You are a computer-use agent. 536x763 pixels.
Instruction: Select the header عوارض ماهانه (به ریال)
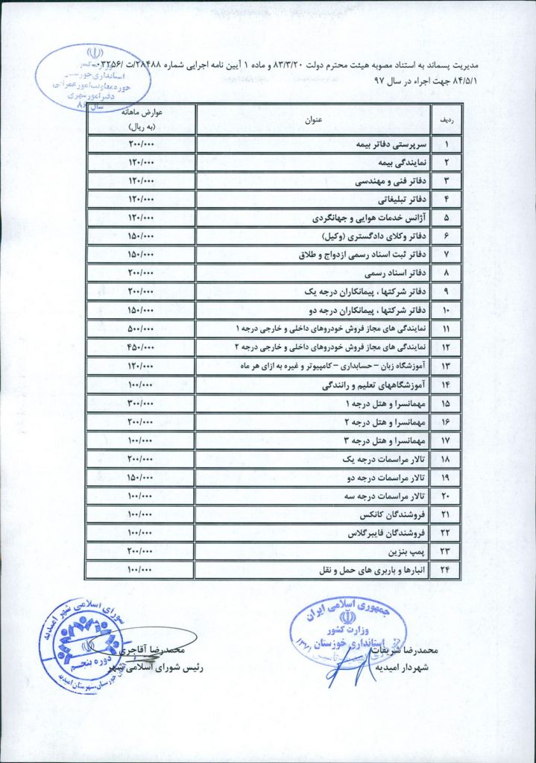[x=141, y=119]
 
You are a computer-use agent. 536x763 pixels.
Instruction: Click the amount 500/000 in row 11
[x=141, y=329]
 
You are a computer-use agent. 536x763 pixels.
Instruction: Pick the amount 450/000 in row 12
[x=141, y=347]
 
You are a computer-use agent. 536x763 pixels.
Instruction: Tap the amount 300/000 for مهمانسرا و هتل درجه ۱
[x=141, y=404]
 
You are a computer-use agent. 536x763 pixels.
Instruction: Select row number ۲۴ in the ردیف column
[x=448, y=572]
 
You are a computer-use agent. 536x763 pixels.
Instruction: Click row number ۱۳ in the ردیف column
[x=448, y=366]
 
